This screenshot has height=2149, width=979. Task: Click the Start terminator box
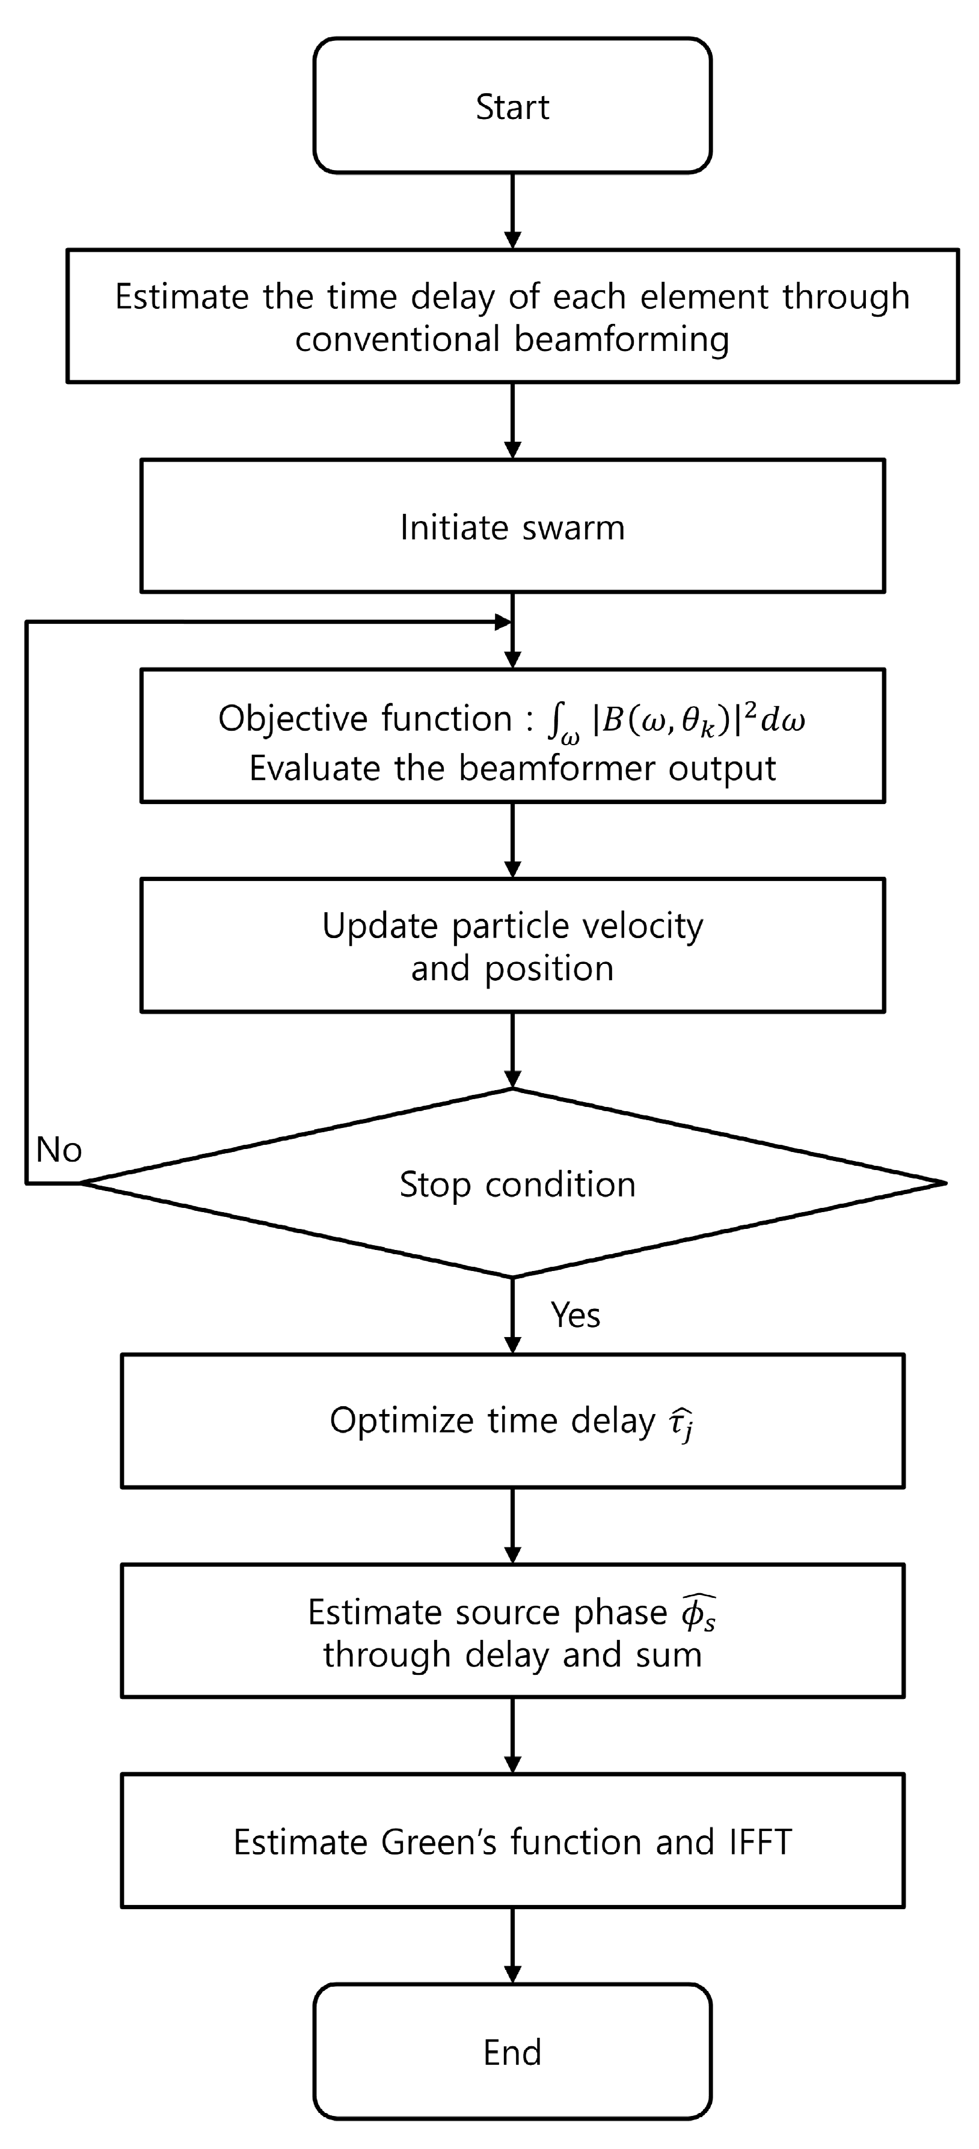[x=512, y=106]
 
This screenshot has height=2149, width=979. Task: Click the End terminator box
[x=512, y=2052]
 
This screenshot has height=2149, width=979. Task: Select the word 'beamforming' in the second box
[x=621, y=340]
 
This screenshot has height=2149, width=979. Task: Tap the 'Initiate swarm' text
[x=512, y=527]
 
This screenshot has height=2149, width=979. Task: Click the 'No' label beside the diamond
[x=58, y=1150]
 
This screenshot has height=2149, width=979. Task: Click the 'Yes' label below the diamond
[x=575, y=1315]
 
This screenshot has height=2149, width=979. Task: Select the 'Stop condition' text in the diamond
[x=517, y=1184]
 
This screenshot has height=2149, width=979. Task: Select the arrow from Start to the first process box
[x=512, y=210]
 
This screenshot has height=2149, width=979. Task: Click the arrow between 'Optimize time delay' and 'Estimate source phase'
[x=512, y=1525]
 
